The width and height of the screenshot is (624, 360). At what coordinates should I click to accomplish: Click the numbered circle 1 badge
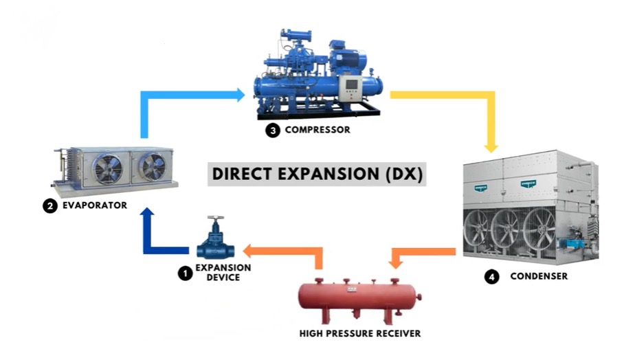(185, 273)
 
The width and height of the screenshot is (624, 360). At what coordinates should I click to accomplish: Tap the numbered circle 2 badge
(50, 206)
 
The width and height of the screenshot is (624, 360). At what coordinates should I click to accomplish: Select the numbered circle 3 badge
(273, 130)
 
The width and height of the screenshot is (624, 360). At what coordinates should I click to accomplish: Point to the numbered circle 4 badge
(492, 276)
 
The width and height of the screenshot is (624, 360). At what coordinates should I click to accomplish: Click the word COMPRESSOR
(317, 130)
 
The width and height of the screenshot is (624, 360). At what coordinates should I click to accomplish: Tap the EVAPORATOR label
(95, 205)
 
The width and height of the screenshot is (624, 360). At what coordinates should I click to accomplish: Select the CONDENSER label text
(539, 276)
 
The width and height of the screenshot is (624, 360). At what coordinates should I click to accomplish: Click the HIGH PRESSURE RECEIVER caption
(359, 333)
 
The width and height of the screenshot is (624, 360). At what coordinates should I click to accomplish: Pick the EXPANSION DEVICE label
(223, 273)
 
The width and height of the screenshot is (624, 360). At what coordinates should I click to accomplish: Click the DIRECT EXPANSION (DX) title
(317, 174)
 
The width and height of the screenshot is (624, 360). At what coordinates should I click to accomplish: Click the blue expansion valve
(216, 238)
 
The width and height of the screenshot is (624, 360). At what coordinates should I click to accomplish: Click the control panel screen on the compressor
(352, 85)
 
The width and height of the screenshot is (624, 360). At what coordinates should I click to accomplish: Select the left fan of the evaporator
(107, 169)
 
